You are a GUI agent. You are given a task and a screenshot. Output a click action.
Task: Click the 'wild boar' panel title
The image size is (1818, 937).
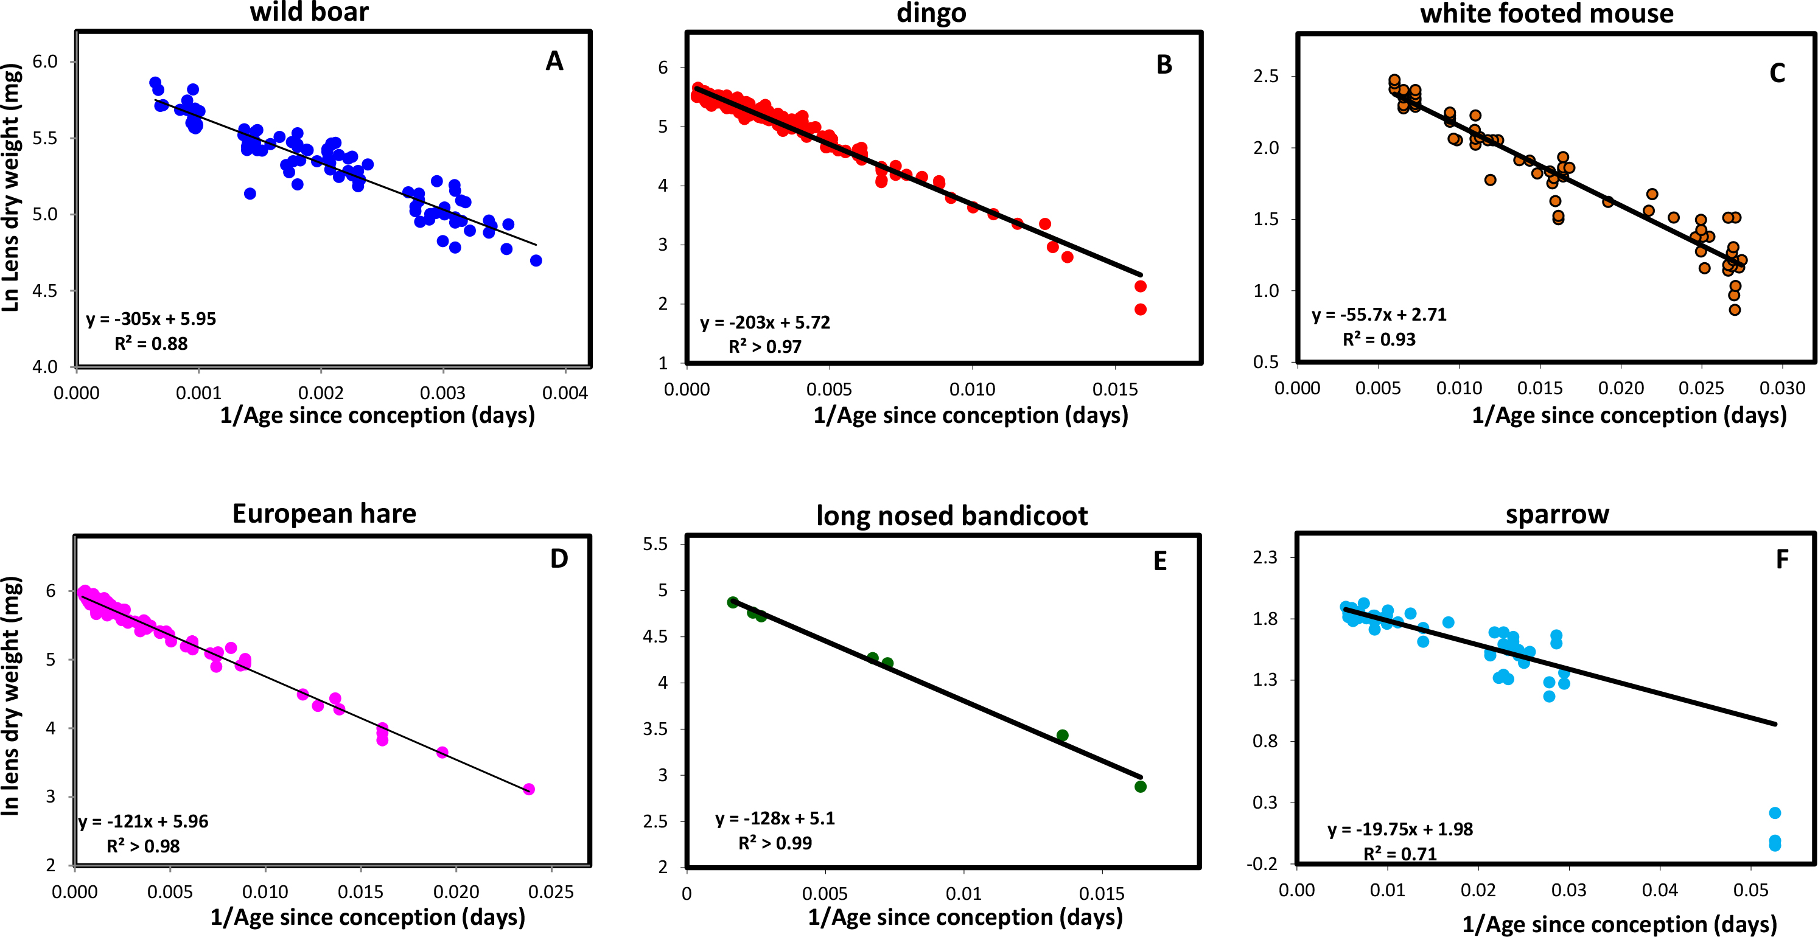(x=309, y=12)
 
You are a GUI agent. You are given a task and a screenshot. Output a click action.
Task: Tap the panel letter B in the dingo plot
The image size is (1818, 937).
(x=1164, y=65)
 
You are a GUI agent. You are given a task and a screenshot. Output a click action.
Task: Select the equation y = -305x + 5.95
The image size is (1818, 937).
(x=151, y=319)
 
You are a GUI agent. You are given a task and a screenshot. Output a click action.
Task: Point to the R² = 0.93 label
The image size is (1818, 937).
(x=1379, y=340)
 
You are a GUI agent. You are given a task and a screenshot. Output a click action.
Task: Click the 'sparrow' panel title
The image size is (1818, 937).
(x=1557, y=514)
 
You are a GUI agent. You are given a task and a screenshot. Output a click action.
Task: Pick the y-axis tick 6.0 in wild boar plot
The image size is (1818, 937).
(x=44, y=61)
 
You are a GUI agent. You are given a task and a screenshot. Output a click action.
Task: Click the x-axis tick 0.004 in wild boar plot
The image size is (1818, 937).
(x=565, y=393)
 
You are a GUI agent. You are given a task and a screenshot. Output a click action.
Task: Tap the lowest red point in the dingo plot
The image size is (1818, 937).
(x=1141, y=309)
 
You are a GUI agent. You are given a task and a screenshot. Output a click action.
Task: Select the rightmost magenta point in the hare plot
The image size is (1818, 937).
(x=529, y=789)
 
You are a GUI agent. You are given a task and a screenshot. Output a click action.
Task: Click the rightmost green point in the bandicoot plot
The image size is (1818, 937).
(x=1141, y=786)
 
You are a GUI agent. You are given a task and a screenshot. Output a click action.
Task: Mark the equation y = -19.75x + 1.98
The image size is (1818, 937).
(x=1399, y=829)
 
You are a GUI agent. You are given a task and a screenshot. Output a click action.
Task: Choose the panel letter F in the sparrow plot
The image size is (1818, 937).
(x=1781, y=560)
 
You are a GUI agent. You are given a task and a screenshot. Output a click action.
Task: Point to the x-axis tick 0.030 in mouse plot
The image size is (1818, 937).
(x=1782, y=388)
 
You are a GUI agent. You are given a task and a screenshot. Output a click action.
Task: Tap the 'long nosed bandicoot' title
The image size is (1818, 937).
(x=951, y=516)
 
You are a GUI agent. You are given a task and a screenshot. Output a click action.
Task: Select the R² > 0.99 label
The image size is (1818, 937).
(x=774, y=843)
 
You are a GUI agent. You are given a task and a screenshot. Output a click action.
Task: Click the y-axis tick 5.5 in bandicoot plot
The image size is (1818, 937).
(x=654, y=544)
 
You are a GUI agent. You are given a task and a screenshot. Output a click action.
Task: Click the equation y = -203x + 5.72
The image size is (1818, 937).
(x=764, y=322)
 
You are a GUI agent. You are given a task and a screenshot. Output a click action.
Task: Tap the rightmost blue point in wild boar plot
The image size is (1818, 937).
(x=536, y=260)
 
